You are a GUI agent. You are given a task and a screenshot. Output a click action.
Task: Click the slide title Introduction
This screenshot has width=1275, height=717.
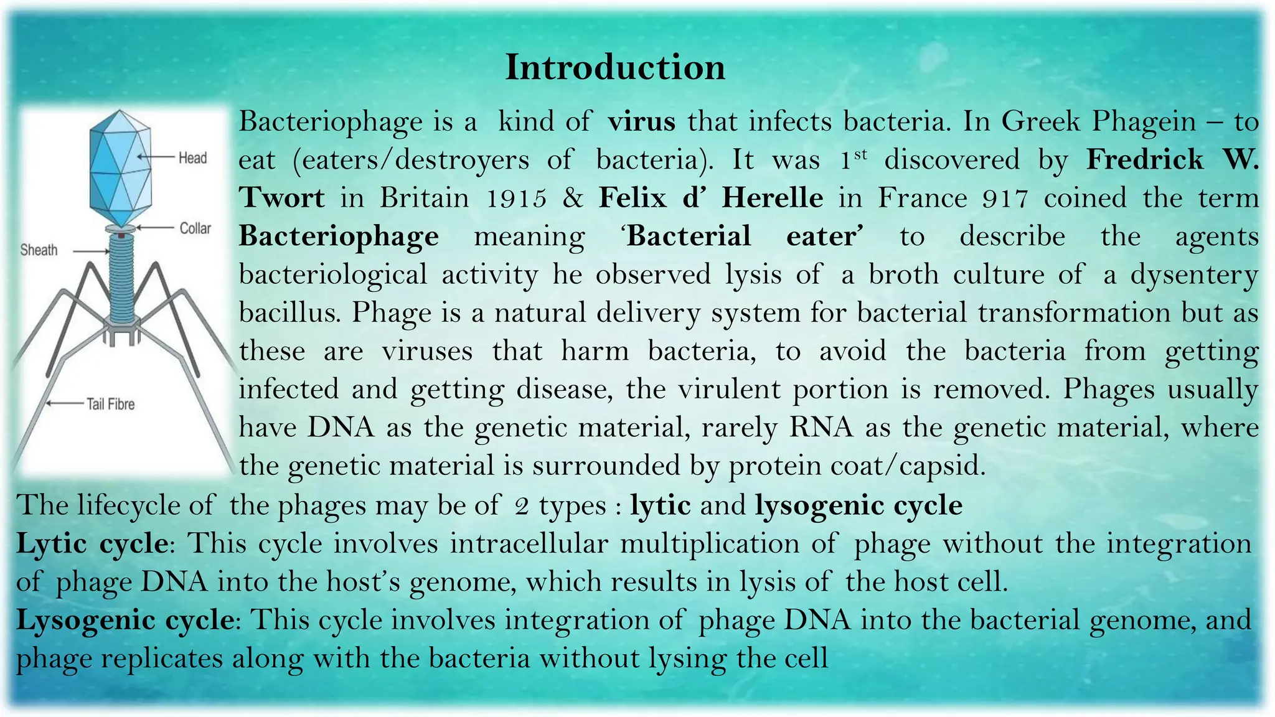[x=615, y=67]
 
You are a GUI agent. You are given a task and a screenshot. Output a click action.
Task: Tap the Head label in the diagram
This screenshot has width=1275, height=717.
[x=192, y=158]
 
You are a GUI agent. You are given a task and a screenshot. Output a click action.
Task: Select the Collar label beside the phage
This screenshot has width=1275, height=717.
[x=195, y=228]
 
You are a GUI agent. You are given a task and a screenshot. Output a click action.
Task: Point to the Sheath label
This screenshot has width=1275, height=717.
[x=39, y=250]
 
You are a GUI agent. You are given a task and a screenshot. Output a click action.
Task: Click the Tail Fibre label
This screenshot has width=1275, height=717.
[x=110, y=405]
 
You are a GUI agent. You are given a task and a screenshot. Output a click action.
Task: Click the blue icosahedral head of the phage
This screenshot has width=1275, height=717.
[x=121, y=168]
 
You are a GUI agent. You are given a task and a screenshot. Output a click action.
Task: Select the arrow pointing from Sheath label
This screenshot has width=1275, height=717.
[x=91, y=251]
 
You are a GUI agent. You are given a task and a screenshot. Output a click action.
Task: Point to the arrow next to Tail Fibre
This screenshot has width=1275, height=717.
[x=65, y=404]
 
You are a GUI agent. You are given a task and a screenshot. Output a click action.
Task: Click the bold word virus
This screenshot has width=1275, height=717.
[x=642, y=121]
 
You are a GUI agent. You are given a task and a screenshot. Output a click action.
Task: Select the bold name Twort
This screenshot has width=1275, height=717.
[x=282, y=198]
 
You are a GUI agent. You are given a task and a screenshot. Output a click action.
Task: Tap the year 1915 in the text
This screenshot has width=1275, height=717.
[x=516, y=199]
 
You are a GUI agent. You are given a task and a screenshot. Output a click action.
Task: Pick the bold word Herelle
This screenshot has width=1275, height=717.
[x=772, y=198]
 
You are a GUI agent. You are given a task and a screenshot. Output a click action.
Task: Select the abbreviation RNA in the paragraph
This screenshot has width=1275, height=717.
[x=821, y=428]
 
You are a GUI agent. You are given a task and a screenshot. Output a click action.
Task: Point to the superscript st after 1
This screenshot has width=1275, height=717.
[x=860, y=153]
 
